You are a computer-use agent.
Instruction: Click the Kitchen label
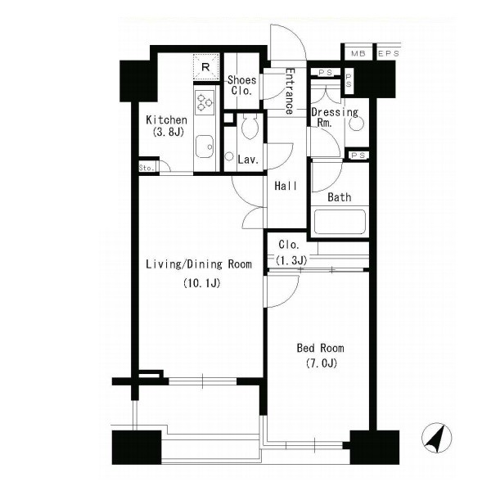167,120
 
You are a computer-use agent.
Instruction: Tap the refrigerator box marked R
205,67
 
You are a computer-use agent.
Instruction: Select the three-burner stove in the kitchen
205,102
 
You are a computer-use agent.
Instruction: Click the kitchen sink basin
205,146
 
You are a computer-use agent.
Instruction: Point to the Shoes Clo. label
241,85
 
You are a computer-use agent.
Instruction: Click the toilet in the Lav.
250,126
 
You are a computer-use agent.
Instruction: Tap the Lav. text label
248,160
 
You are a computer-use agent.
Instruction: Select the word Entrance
290,92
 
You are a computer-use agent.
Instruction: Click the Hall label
286,186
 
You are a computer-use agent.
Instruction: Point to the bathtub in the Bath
340,222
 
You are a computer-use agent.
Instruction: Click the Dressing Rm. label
335,117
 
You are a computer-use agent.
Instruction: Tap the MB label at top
358,53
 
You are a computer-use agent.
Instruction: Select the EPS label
389,53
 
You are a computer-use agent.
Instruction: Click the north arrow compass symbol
436,438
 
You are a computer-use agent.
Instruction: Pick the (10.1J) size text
202,283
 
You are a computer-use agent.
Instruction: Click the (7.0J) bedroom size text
321,363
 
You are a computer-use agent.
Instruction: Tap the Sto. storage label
146,168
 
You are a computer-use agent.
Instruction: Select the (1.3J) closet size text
291,260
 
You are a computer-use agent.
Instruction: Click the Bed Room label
320,348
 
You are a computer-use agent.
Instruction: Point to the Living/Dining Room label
199,264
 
